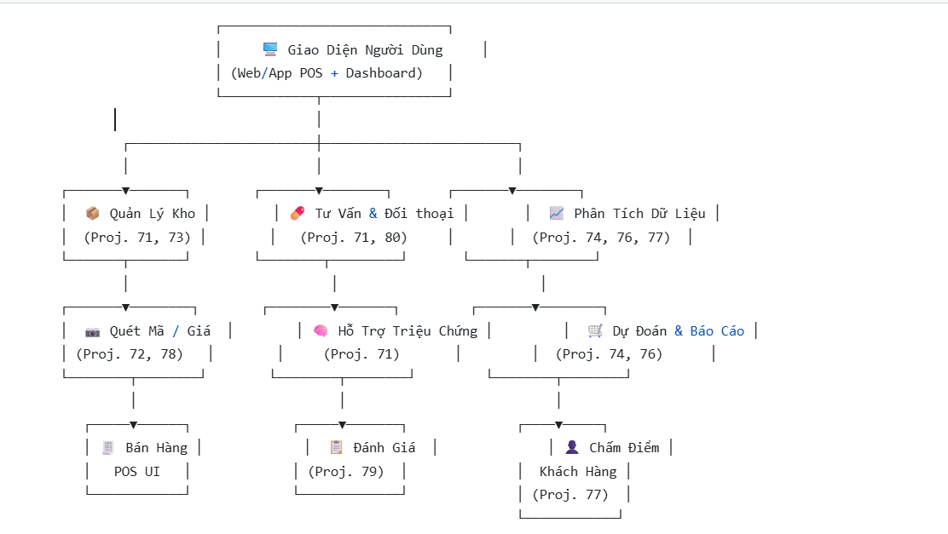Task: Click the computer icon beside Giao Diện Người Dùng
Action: tap(270, 49)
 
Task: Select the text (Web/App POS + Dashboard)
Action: tap(327, 73)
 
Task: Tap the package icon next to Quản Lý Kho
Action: tap(92, 213)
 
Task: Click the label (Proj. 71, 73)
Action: tap(136, 238)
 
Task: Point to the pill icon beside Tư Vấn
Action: tap(298, 213)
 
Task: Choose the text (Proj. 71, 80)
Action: tap(353, 238)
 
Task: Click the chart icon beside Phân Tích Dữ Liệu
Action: tap(556, 213)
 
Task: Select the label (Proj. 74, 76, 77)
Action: tap(601, 238)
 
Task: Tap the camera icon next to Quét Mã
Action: tap(92, 330)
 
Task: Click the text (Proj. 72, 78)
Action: tap(130, 354)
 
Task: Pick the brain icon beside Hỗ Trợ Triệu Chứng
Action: tap(321, 330)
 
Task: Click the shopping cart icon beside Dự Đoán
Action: tap(595, 330)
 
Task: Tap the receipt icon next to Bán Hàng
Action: tap(107, 447)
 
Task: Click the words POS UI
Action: tap(137, 471)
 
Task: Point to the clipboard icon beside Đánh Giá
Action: tap(336, 447)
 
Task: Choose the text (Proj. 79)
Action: tap(345, 471)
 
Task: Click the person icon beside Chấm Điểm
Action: tap(571, 447)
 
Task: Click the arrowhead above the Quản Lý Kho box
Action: tap(125, 190)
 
